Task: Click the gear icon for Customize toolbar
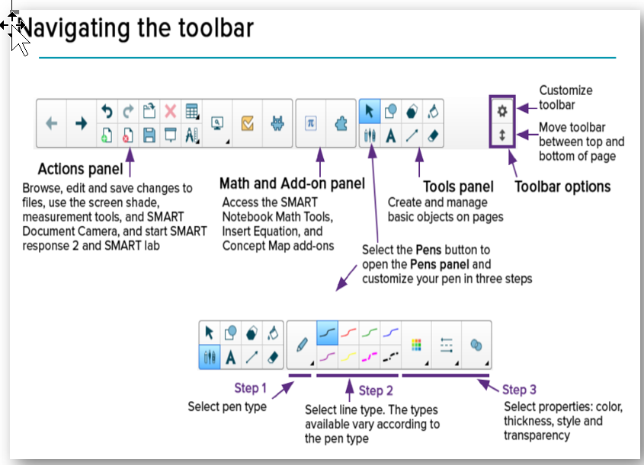(x=501, y=110)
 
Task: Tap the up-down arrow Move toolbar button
(x=501, y=135)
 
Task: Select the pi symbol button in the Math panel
(x=310, y=123)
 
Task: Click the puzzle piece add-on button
(x=340, y=123)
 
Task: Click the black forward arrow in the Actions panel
(x=80, y=123)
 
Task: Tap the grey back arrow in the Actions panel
(x=52, y=123)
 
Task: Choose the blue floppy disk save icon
(x=149, y=135)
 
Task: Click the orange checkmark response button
(x=247, y=123)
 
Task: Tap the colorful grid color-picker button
(x=415, y=345)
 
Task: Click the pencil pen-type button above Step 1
(x=302, y=345)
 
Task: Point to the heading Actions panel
(x=80, y=168)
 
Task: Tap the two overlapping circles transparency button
(x=476, y=345)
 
